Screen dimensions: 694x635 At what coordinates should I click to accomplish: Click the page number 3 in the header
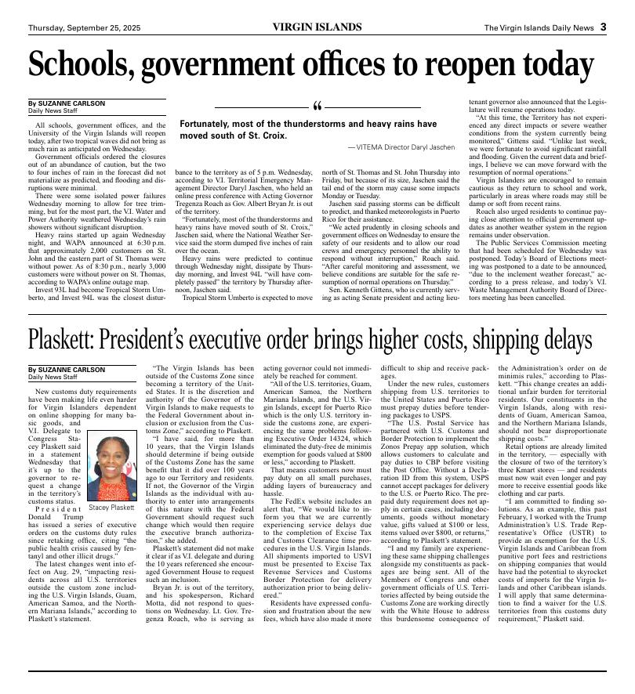pos(604,27)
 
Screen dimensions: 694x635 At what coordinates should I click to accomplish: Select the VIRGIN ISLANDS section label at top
pos(317,27)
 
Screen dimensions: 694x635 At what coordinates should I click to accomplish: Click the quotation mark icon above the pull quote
pos(317,107)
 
